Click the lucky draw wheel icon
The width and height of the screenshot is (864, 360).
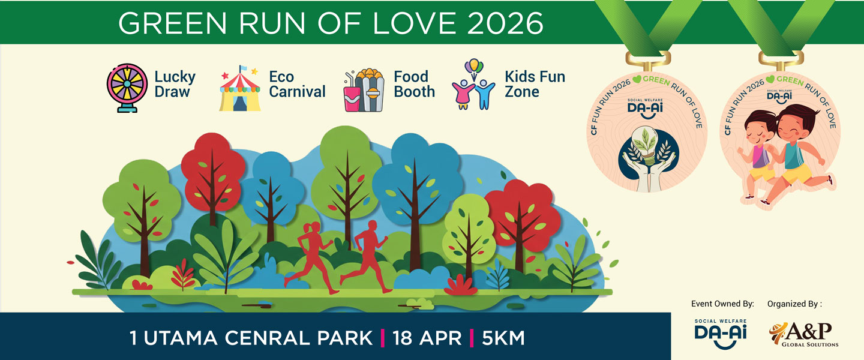pos(127,88)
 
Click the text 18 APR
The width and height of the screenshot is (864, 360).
pos(427,338)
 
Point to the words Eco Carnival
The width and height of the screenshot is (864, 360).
pos(296,85)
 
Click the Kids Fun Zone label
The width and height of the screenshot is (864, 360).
pos(535,85)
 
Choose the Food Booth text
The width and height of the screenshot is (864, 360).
pos(414,85)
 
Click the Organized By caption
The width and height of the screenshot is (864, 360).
pos(794,304)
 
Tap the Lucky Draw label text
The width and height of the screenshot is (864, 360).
pos(175,85)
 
